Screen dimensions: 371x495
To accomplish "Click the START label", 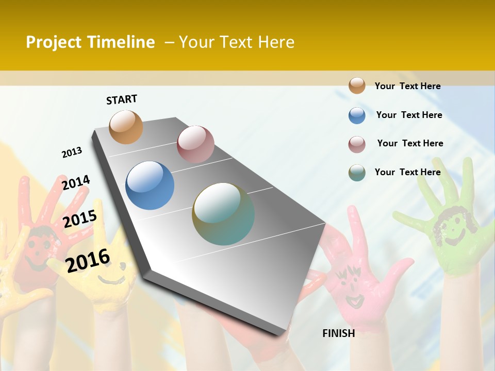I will (122, 99).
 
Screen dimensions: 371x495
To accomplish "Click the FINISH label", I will (339, 333).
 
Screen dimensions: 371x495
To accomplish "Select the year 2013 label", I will (72, 153).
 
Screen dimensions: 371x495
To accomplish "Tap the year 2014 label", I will (76, 183).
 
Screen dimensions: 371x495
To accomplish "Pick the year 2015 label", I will (80, 218).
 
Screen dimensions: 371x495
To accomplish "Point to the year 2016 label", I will (88, 260).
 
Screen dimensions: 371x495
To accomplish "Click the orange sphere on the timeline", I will (126, 127).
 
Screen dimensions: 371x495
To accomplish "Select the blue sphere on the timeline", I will (150, 185).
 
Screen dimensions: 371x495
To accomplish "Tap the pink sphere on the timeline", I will (195, 144).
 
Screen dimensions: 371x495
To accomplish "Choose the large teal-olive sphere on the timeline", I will (223, 214).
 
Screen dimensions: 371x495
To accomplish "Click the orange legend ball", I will (357, 86).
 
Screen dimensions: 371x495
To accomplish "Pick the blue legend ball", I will (357, 115).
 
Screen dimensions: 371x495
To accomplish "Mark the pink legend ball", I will (357, 144).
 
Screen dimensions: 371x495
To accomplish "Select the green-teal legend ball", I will (357, 173).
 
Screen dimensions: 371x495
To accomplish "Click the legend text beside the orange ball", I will (407, 86).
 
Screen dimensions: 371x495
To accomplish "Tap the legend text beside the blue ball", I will (409, 115).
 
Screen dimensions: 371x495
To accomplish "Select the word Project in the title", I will (54, 42).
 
